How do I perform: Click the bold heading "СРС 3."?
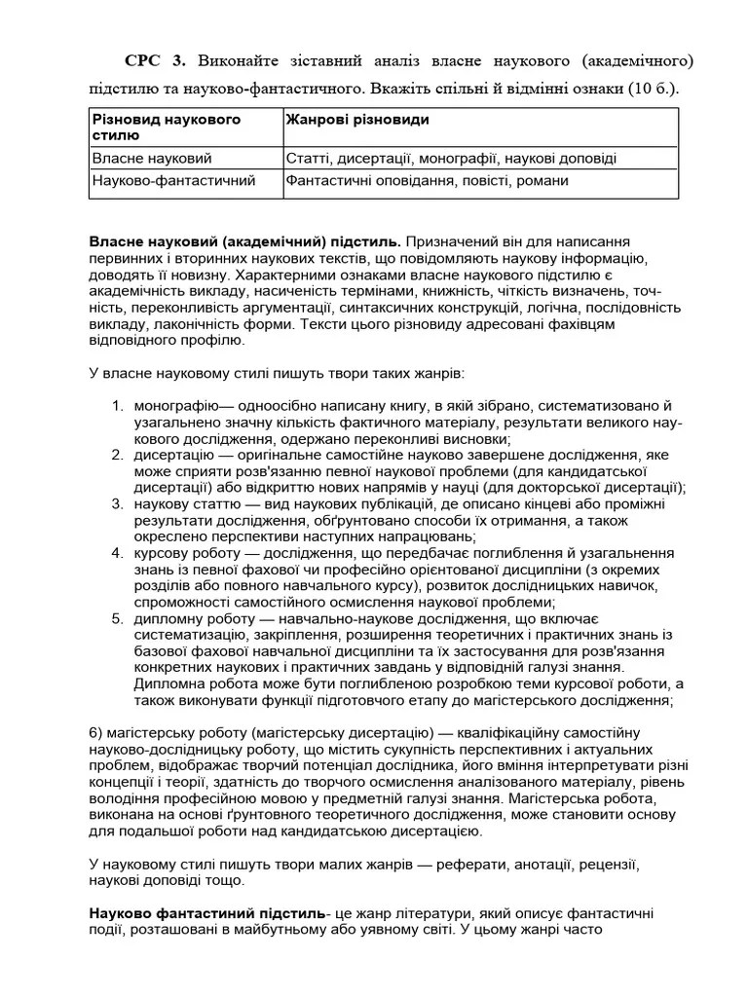coord(155,61)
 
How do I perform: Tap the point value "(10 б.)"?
coord(646,89)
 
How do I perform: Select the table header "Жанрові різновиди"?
coord(357,120)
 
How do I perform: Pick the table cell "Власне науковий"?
coord(152,158)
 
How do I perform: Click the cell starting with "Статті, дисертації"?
coord(451,158)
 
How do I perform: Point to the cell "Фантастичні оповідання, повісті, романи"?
coord(428,180)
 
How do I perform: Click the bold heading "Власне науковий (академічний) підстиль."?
coord(244,240)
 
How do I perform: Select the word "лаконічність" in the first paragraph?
coord(180,324)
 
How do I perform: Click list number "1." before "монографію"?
coord(117,405)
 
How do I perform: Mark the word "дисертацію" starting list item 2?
coord(171,455)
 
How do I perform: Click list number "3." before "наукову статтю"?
coord(117,503)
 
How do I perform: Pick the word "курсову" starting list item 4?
coord(161,552)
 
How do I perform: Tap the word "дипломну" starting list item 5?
coord(167,618)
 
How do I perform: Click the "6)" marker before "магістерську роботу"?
coord(97,732)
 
